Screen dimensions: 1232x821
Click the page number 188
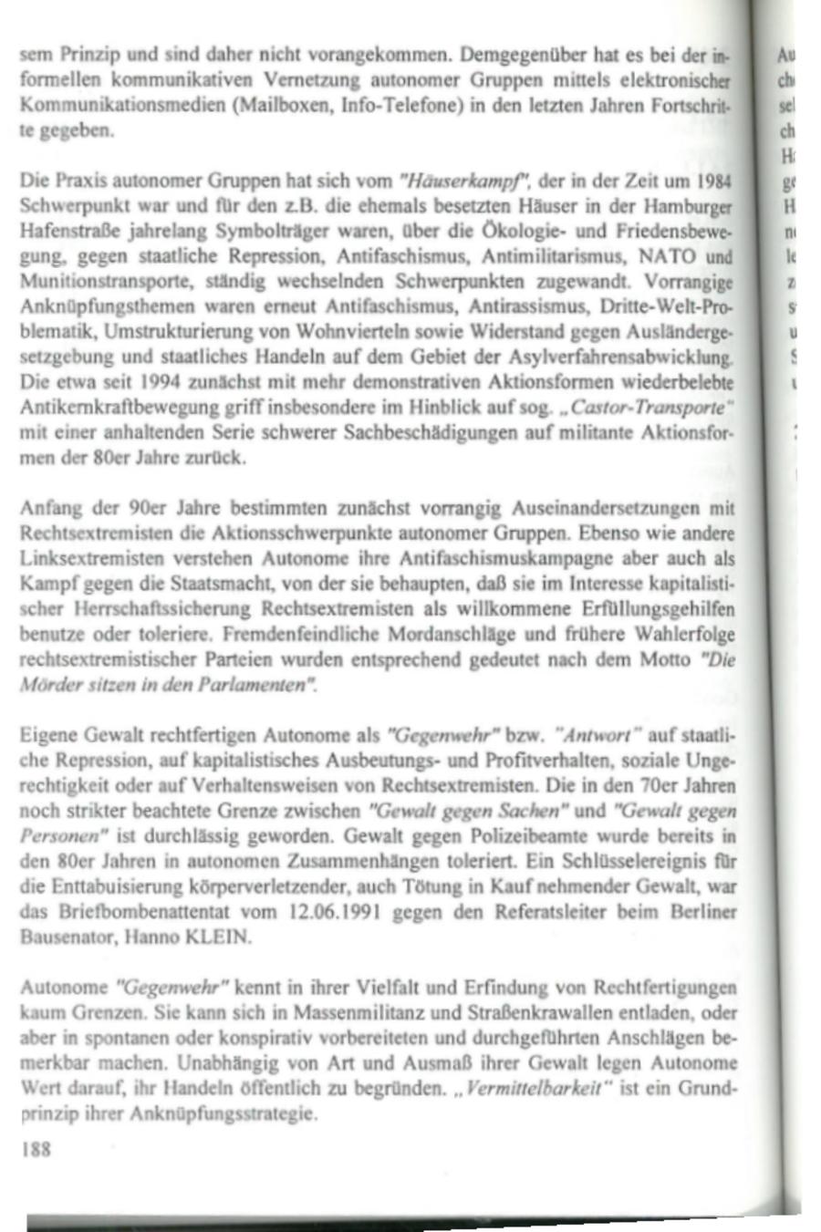point(35,1150)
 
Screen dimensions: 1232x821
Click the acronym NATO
point(668,256)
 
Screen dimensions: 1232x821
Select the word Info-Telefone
point(372,105)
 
